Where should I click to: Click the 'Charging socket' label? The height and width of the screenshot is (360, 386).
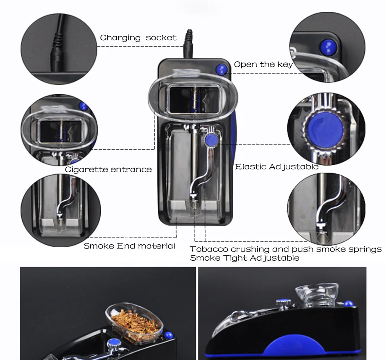138,38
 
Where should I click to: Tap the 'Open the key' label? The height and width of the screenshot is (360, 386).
263,65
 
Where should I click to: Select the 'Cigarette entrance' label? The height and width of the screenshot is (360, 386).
108,169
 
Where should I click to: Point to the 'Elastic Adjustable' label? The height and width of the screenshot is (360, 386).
277,167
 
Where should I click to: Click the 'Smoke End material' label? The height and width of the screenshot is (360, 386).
129,246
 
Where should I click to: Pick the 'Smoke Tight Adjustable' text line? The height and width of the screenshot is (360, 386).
245,258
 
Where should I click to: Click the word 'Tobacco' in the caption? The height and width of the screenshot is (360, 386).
209,249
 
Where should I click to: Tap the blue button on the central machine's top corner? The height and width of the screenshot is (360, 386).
222,69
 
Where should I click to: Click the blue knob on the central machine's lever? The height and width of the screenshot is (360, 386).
211,140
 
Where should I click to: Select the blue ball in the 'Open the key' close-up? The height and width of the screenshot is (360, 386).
328,47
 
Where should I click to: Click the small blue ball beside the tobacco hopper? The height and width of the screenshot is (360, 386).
168,335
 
